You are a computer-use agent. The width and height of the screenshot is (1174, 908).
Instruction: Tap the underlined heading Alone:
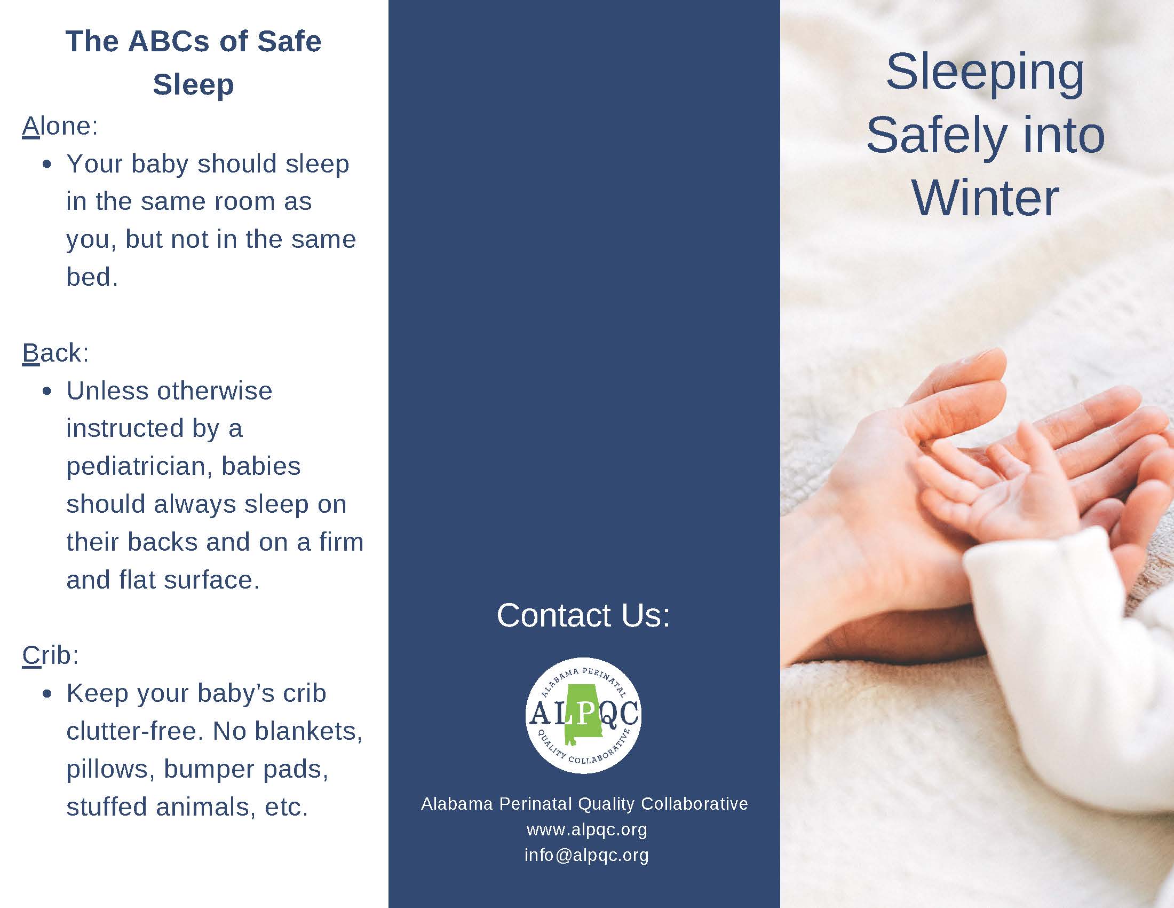click(x=60, y=127)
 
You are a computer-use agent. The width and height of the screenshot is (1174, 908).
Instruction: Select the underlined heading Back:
click(x=55, y=354)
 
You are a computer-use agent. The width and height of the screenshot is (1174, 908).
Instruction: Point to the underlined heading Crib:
click(x=51, y=656)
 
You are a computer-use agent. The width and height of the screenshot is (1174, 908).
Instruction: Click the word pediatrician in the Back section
click(x=140, y=467)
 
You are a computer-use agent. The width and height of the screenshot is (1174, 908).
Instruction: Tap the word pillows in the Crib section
click(x=107, y=770)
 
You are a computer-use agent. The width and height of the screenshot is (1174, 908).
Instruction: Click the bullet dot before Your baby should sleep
click(x=47, y=165)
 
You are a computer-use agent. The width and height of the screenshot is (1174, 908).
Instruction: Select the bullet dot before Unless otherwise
click(x=47, y=392)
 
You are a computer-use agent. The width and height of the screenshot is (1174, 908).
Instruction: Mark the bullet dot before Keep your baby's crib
click(x=47, y=694)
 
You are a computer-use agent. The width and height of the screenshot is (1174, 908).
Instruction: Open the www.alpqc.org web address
click(x=587, y=830)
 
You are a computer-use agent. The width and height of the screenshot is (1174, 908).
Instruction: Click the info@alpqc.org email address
click(x=587, y=855)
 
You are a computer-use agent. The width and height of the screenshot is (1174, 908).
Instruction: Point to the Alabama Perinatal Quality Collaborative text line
click(x=584, y=804)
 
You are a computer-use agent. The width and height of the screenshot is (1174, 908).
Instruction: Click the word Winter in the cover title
click(x=985, y=199)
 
